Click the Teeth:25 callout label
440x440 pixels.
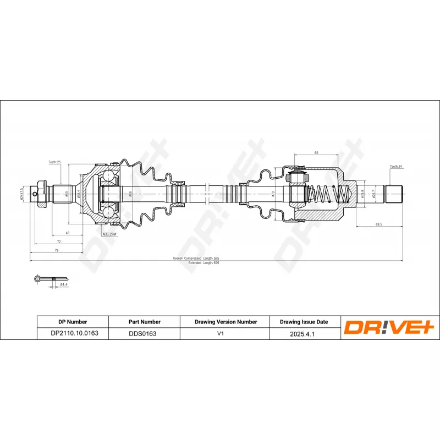coord(54,163)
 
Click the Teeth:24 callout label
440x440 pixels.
coord(396,166)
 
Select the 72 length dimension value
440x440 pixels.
coord(58,242)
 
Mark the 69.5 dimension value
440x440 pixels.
coord(378,224)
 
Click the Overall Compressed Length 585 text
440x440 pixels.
coord(196,258)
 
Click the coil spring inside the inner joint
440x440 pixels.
coord(327,194)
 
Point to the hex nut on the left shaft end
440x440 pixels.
coord(40,194)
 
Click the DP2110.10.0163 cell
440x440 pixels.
coord(72,333)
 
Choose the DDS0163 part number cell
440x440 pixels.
coord(142,333)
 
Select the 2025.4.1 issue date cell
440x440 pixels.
coord(304,333)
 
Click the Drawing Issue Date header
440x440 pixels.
coord(304,322)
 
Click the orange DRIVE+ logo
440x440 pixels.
coord(391,327)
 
